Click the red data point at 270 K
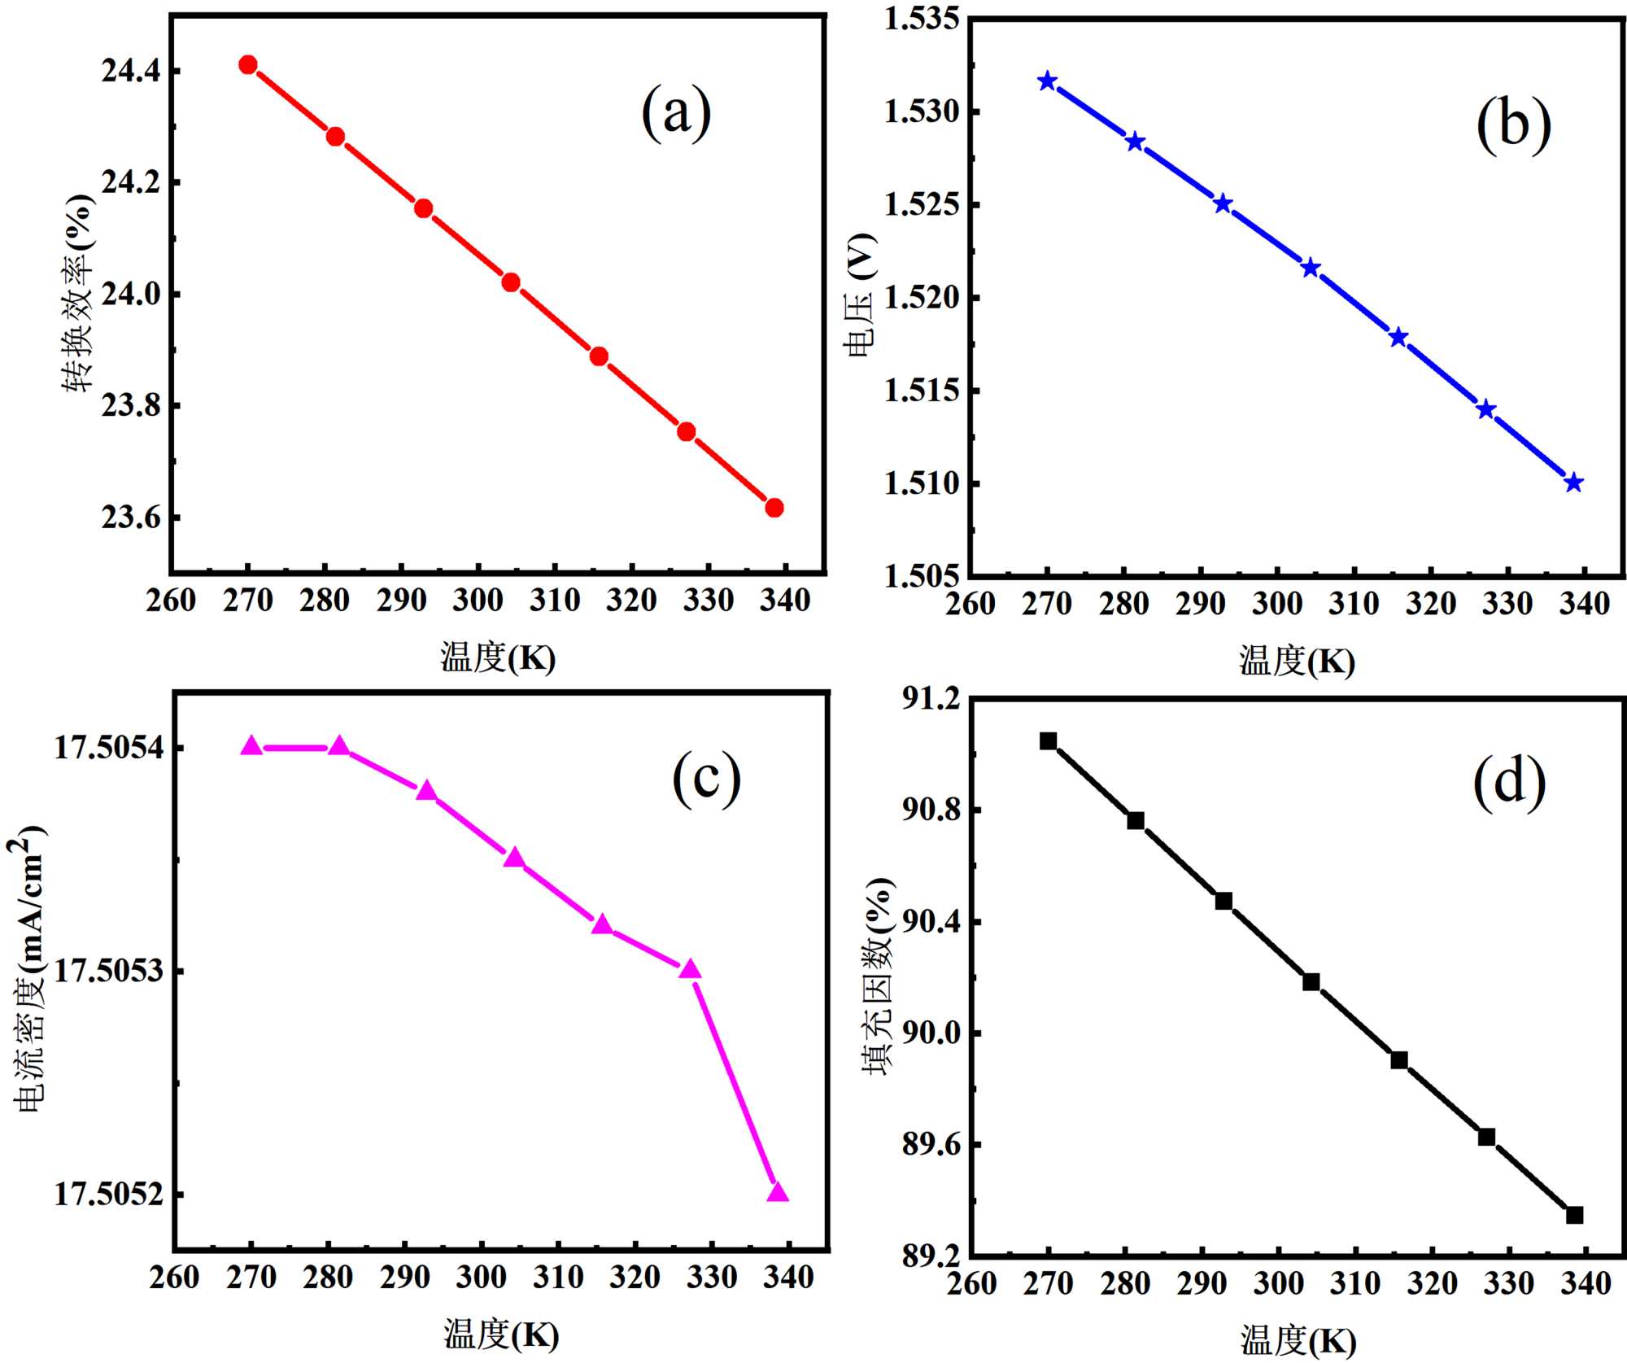(x=248, y=65)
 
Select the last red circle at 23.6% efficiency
(x=774, y=508)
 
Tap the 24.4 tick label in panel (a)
(x=129, y=72)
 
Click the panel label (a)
(x=676, y=113)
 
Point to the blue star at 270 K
(x=1048, y=81)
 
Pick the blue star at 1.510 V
(x=1574, y=483)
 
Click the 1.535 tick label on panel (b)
(x=922, y=19)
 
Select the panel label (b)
(x=1513, y=125)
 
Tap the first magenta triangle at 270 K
(x=251, y=746)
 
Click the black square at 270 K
(x=1048, y=740)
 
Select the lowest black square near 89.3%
(x=1574, y=1215)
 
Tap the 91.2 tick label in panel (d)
(x=931, y=698)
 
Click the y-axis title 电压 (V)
(x=861, y=295)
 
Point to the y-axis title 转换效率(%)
(x=79, y=293)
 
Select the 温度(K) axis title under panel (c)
(x=501, y=1335)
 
